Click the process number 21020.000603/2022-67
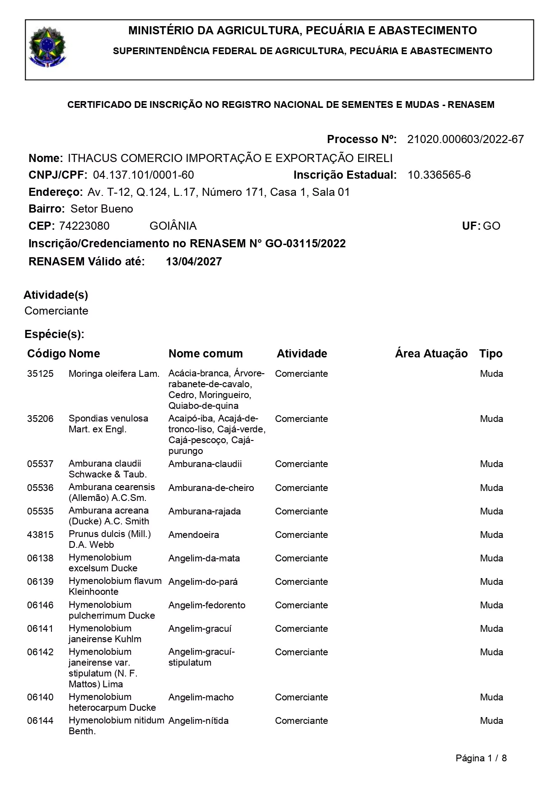pos(465,139)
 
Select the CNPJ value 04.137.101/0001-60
pos(143,175)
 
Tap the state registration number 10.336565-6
pos(439,175)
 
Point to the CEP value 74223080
pos(84,226)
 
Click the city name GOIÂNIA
pos(173,226)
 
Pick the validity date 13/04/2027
pos(194,262)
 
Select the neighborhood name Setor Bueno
pos(102,209)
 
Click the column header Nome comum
pos(205,354)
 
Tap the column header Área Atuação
pos(431,354)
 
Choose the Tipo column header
pos(491,354)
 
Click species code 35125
pos(40,374)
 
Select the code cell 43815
pos(40,535)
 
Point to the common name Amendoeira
pos(194,535)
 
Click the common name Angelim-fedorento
pos(207,605)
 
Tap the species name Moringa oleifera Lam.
pos(114,374)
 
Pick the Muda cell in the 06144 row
pos(491,721)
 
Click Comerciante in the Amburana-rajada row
pos(301,511)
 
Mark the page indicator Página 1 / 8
pos(481,758)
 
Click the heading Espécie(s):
pos(54,334)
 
